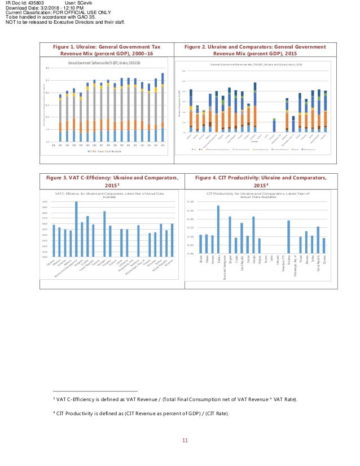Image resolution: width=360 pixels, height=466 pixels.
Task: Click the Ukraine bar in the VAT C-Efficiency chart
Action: click(54, 241)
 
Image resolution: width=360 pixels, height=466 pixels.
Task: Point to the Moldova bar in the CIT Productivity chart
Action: click(288, 237)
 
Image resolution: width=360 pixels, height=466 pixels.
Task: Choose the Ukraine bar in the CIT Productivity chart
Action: click(200, 244)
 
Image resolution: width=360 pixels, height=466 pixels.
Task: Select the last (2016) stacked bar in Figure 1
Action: click(163, 107)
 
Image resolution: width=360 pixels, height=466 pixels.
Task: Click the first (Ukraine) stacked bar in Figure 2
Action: click(191, 111)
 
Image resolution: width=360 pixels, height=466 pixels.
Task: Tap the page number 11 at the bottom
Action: click(184, 441)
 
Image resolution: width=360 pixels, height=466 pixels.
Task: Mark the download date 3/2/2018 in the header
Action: click(50, 9)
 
